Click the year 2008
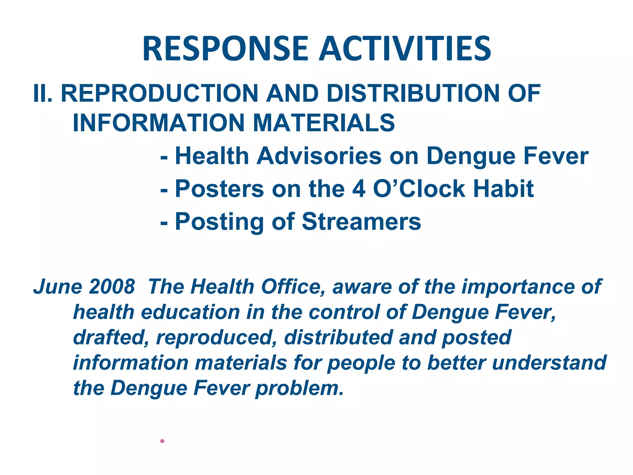[112, 287]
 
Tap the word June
[57, 287]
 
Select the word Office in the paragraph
[295, 287]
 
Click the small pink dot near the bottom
[162, 441]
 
